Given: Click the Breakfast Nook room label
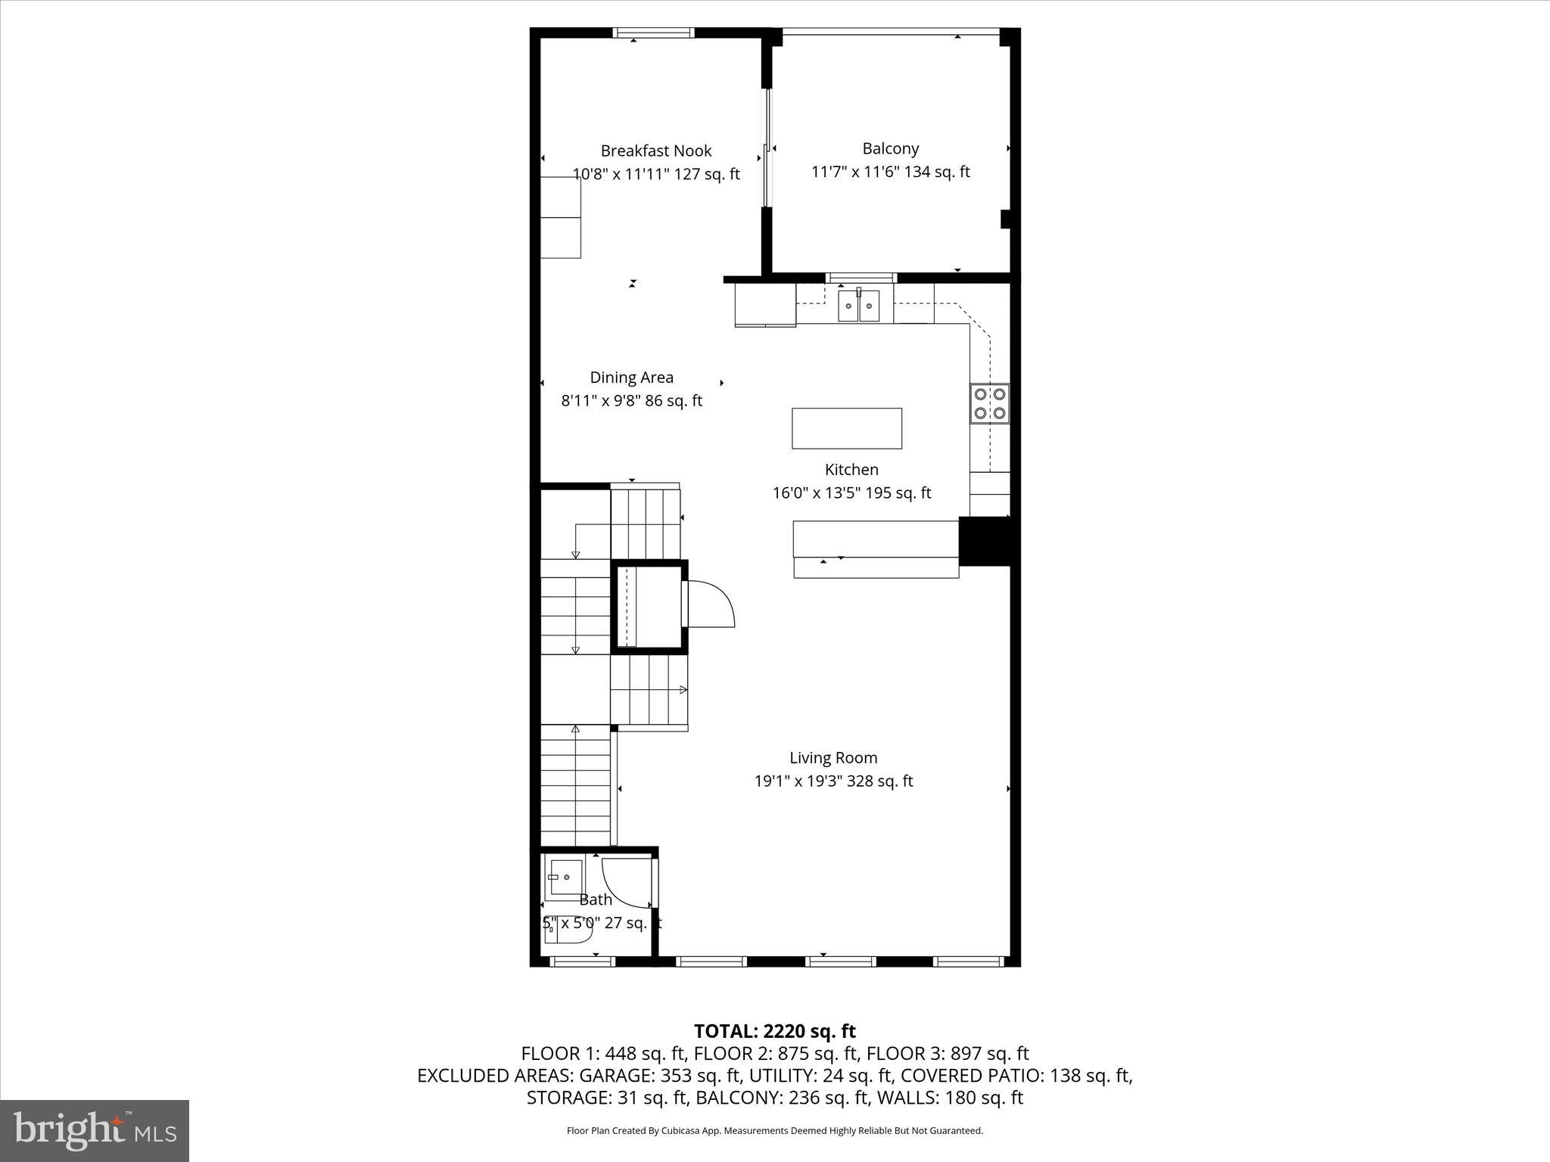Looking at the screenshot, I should (655, 151).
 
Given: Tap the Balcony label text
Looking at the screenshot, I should (890, 148).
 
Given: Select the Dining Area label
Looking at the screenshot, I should (631, 377).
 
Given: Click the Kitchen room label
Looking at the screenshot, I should (851, 469).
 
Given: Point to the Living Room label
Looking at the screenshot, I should (833, 757).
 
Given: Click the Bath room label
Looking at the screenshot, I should (596, 899).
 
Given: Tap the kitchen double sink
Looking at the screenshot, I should (858, 306).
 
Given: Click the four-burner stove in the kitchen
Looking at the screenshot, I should (990, 403).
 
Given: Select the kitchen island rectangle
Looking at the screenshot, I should (846, 428).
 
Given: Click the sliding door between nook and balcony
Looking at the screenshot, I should (766, 148).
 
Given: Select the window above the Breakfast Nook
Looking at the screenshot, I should (653, 33).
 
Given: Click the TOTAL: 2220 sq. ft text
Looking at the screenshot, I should (774, 1031).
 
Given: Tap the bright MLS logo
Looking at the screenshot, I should (95, 1130).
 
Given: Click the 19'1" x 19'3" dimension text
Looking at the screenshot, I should (833, 781).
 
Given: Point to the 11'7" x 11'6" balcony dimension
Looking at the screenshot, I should (890, 172).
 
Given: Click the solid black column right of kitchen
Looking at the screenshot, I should (985, 541).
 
